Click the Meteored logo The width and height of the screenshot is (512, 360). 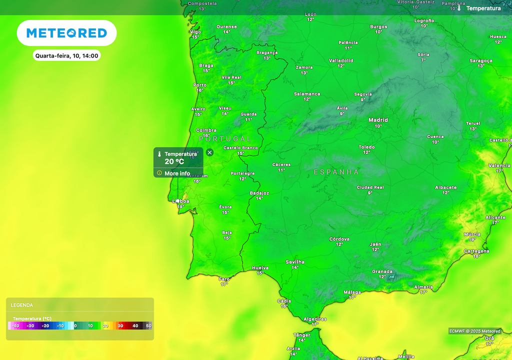click(66, 33)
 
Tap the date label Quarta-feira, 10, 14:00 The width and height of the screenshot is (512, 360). click(67, 55)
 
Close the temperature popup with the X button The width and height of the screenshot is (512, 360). click(209, 152)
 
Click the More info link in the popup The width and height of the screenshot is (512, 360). click(177, 173)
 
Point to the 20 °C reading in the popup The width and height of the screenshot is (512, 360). click(174, 161)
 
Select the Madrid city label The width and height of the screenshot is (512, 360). click(378, 120)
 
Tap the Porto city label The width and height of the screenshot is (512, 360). click(200, 85)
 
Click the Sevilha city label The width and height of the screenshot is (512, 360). click(295, 262)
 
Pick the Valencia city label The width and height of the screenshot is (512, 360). click(499, 165)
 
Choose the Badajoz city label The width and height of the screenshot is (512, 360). click(259, 193)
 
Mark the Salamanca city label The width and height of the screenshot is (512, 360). click(307, 94)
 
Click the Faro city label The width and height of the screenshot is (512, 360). click(224, 279)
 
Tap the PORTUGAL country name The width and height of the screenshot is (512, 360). click(225, 138)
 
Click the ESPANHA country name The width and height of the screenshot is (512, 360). click(336, 172)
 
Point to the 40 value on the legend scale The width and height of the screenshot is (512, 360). click(135, 325)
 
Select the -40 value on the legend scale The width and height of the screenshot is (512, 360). click(15, 325)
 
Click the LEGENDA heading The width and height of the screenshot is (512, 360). click(22, 305)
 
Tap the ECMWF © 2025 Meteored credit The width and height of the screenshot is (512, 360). click(474, 331)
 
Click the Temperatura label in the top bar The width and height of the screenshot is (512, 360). click(483, 8)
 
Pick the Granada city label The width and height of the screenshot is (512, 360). click(382, 271)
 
